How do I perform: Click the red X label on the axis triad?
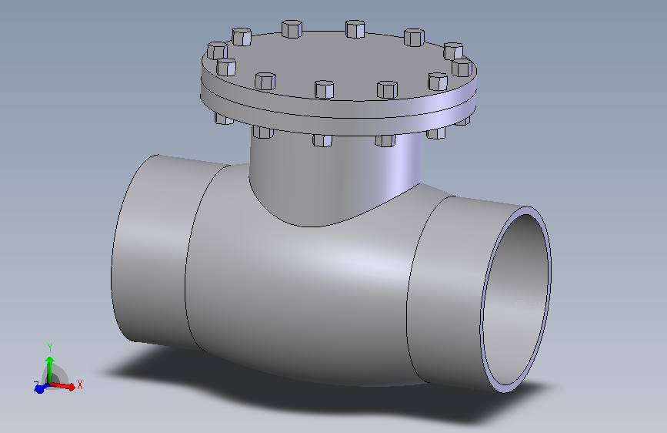pos(80,384)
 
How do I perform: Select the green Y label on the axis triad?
pos(49,347)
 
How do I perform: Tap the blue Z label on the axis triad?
pos(36,384)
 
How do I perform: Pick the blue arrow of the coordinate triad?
pos(40,388)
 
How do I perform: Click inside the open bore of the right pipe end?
pos(515,300)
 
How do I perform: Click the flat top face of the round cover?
pos(339,62)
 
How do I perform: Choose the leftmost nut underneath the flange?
pos(223,119)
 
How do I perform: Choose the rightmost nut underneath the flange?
pos(464,120)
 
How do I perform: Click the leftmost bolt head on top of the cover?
pos(216,52)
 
